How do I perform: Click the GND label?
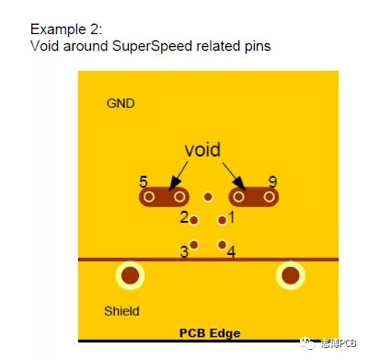121,103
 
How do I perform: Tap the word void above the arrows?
203,149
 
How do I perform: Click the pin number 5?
144,181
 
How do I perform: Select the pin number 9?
272,181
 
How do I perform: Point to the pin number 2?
184,218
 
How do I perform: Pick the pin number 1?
231,217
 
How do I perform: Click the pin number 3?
184,250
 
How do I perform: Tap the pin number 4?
231,250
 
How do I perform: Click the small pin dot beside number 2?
195,218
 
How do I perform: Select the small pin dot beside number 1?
222,220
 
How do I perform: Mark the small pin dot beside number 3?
194,244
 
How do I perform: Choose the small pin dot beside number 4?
222,244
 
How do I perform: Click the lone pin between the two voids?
209,197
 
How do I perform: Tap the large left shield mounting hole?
131,274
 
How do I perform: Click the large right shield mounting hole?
292,274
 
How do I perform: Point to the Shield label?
121,311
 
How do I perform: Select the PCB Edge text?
209,331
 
